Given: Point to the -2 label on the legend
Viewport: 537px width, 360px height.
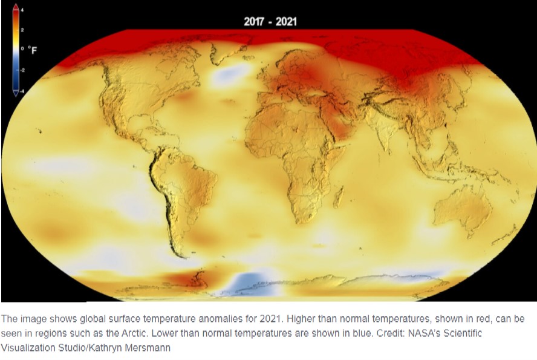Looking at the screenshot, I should pyautogui.click(x=24, y=70).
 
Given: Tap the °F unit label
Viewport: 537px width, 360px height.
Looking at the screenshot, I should pyautogui.click(x=33, y=50).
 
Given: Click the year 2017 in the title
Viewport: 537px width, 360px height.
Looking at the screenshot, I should pyautogui.click(x=254, y=22).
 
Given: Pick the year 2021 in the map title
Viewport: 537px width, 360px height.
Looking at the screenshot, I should pyautogui.click(x=287, y=22).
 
